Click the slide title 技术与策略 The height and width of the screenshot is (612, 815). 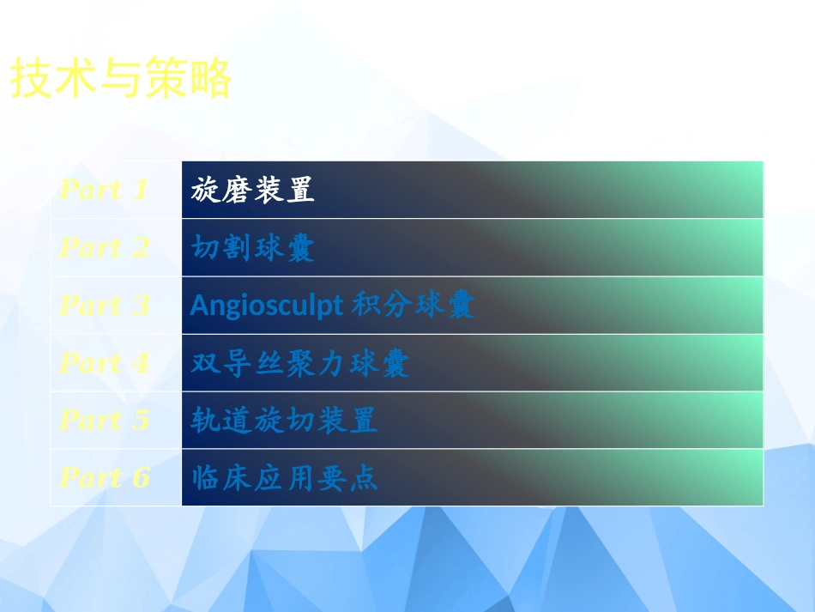pyautogui.click(x=121, y=80)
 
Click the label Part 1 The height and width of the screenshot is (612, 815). pyautogui.click(x=104, y=190)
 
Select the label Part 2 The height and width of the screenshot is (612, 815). pyautogui.click(x=104, y=248)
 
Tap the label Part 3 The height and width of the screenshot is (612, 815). pyautogui.click(x=104, y=306)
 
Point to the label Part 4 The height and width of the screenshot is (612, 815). pyautogui.click(x=104, y=363)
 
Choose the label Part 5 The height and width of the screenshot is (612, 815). pyautogui.click(x=104, y=421)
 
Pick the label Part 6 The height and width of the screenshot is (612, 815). pyautogui.click(x=104, y=477)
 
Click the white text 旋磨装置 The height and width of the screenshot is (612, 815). pyautogui.click(x=253, y=190)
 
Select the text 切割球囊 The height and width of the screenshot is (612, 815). pyautogui.click(x=253, y=248)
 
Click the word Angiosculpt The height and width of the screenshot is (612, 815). pyautogui.click(x=266, y=306)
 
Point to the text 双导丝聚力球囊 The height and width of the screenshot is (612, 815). pyautogui.click(x=300, y=363)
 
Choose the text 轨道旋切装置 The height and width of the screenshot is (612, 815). pyautogui.click(x=284, y=421)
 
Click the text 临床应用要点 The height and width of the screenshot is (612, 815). pyautogui.click(x=284, y=477)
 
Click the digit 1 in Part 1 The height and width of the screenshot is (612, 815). pyautogui.click(x=141, y=190)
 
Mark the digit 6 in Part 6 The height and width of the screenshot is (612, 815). pyautogui.click(x=141, y=477)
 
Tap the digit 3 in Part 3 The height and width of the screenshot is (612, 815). pyautogui.click(x=141, y=306)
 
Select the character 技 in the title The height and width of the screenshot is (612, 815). pyautogui.click(x=31, y=80)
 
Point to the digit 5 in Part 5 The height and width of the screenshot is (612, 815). pyautogui.click(x=141, y=421)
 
